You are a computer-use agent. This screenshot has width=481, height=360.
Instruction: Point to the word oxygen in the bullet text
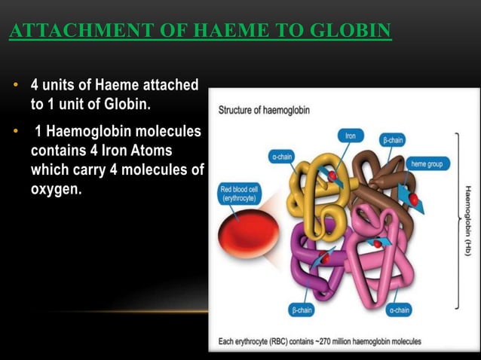pyautogui.click(x=56, y=188)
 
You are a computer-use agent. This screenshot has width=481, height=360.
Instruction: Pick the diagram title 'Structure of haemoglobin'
pyautogui.click(x=263, y=110)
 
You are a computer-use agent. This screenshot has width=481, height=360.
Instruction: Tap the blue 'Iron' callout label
pyautogui.click(x=351, y=136)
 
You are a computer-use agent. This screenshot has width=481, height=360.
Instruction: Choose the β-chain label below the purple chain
pyautogui.click(x=303, y=310)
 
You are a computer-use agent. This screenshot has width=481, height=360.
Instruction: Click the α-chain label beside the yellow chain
pyautogui.click(x=283, y=157)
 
